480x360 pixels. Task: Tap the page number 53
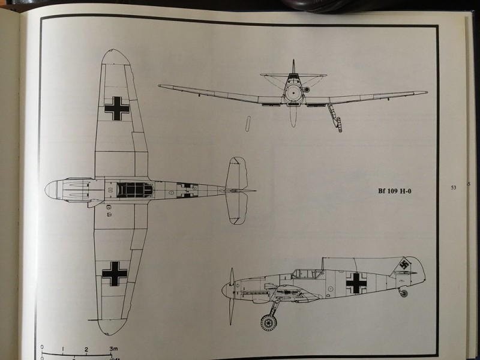[x=454, y=188]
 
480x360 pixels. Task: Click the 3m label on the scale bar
[x=113, y=348]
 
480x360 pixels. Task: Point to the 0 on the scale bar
[x=43, y=347]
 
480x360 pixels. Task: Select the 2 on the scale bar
[x=87, y=348]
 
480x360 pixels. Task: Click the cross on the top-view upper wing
[x=116, y=108]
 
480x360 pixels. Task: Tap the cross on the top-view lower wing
[x=115, y=273]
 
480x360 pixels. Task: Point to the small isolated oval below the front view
[x=247, y=124]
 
